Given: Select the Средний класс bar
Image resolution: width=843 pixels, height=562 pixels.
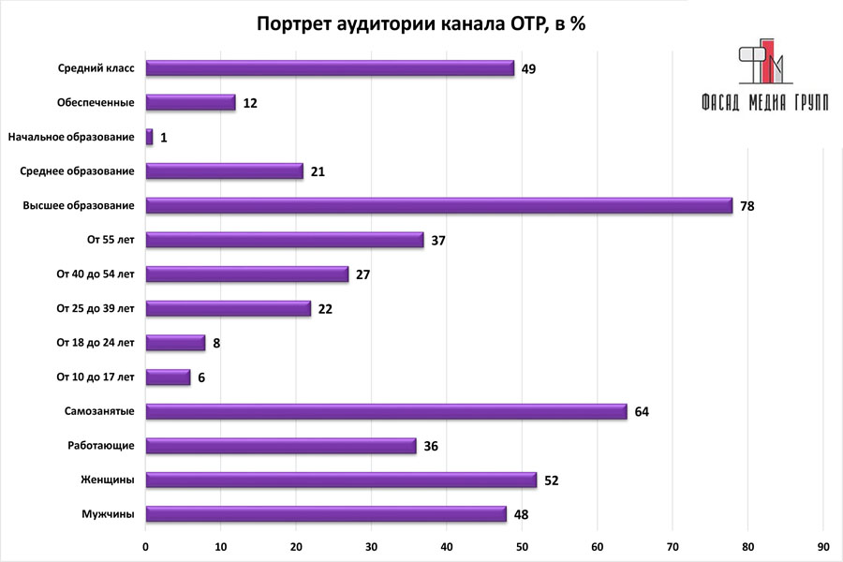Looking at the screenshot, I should tap(330, 68).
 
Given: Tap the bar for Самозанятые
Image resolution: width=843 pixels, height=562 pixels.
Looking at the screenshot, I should tap(386, 411).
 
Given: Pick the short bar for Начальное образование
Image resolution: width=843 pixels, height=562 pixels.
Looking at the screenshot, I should tap(150, 137).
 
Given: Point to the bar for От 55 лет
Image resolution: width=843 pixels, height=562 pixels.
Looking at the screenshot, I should tap(285, 240).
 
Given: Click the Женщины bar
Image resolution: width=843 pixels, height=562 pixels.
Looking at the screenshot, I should tap(341, 480).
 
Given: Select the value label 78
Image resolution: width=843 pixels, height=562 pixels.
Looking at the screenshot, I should tap(747, 206).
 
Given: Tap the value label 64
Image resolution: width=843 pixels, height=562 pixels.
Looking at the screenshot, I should tap(642, 412).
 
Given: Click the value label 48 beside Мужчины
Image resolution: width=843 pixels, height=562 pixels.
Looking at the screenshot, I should tap(522, 514).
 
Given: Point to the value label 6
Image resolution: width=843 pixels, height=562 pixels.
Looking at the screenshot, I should tap(201, 377).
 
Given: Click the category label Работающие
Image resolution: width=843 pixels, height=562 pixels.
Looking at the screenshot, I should tap(101, 446).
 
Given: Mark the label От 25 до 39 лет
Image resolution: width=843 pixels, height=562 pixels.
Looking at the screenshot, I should tap(96, 308).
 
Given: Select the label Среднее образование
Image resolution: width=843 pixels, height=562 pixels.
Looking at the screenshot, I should tap(77, 171).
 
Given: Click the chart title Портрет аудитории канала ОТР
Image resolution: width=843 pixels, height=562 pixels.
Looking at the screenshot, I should tap(421, 25).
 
